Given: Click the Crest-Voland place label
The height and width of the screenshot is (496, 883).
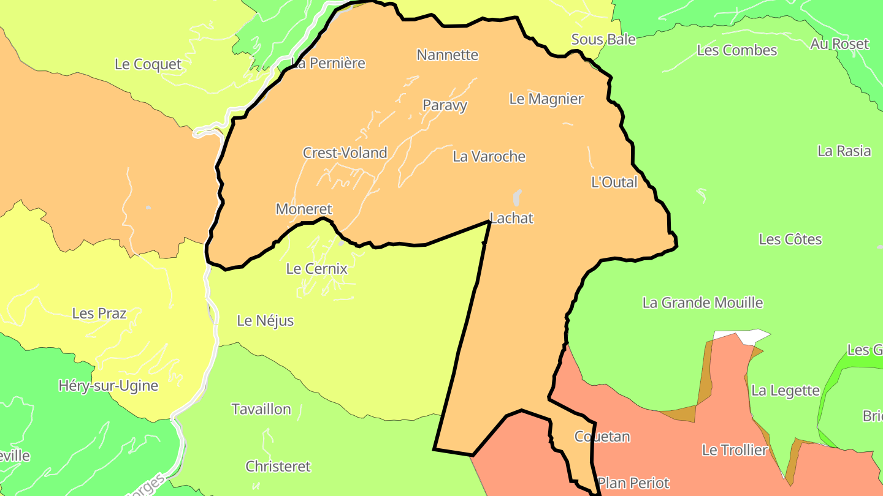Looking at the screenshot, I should click(x=345, y=153).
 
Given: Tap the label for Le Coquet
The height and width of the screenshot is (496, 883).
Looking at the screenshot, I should click(x=148, y=64).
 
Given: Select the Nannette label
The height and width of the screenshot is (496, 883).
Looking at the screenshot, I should click(x=447, y=55).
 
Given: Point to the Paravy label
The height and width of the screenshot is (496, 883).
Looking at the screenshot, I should click(x=445, y=105).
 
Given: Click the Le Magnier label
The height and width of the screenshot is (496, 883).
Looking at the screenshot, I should click(x=546, y=99).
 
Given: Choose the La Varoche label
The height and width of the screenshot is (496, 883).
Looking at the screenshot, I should click(x=489, y=157).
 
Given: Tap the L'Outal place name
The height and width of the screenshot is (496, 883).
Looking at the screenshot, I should click(x=614, y=182).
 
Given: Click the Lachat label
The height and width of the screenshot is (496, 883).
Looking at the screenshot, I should click(x=511, y=218).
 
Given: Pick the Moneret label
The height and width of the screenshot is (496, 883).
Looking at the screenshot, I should click(x=304, y=209).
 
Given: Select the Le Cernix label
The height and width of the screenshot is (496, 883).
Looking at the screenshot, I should click(x=316, y=269).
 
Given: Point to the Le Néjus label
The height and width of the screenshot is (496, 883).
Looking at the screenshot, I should click(x=265, y=321).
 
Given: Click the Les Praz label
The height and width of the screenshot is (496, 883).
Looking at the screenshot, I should click(x=99, y=314).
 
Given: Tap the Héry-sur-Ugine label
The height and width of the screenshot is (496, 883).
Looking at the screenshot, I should click(x=108, y=386).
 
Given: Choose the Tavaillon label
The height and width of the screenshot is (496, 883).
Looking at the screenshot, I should click(x=261, y=409).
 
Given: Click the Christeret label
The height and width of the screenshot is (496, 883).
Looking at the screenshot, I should click(x=278, y=467).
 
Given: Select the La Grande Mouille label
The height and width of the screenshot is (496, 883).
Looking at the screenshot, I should click(x=702, y=302).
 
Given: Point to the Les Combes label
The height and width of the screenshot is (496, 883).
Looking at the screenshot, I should click(x=736, y=50).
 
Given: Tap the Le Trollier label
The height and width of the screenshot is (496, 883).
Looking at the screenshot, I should click(x=734, y=451).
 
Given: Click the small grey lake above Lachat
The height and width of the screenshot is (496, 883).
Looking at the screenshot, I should click(x=517, y=197).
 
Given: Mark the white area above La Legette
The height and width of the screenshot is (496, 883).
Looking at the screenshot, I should click(x=743, y=336).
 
